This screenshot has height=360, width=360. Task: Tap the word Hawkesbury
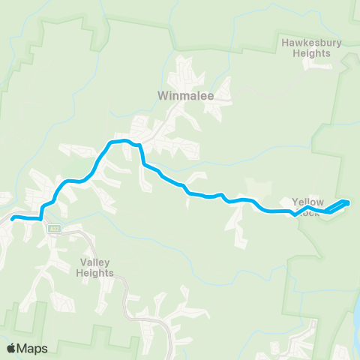(x=311, y=43)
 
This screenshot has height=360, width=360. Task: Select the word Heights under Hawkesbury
(x=312, y=53)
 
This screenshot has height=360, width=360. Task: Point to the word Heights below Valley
(x=96, y=273)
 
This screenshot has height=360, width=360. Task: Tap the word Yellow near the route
(x=307, y=202)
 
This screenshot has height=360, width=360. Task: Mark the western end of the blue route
(x=12, y=218)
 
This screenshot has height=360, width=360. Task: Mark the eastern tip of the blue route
(x=349, y=202)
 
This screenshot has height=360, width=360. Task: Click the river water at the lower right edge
(x=355, y=322)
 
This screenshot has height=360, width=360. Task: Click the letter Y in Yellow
(x=295, y=202)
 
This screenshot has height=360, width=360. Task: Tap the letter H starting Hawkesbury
(x=285, y=43)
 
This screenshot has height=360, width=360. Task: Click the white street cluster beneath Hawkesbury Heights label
(x=319, y=65)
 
